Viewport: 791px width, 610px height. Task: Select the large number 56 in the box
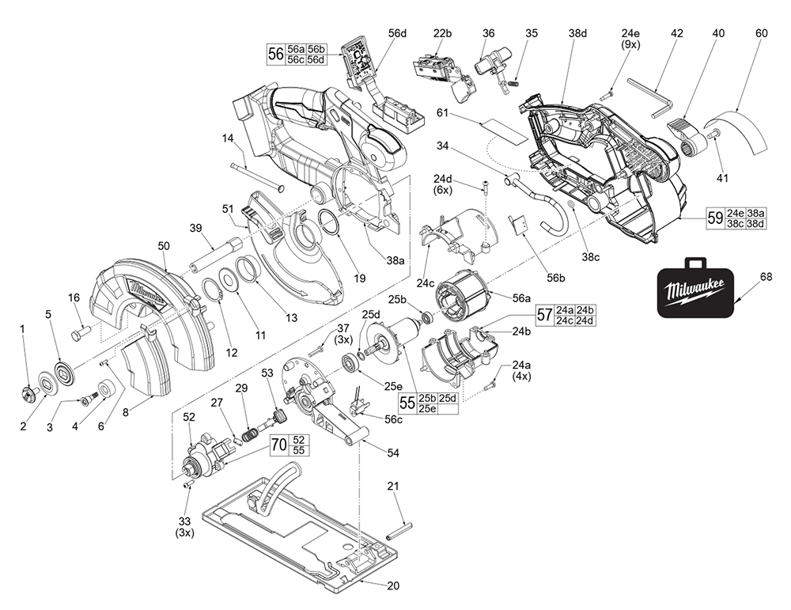(x=275, y=55)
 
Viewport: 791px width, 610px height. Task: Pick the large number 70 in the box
(x=278, y=445)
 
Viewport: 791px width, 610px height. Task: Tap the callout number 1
(x=23, y=328)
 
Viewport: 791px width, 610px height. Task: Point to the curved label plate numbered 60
(x=740, y=135)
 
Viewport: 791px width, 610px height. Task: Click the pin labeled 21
(x=403, y=528)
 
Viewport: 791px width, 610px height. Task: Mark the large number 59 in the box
(x=715, y=218)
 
